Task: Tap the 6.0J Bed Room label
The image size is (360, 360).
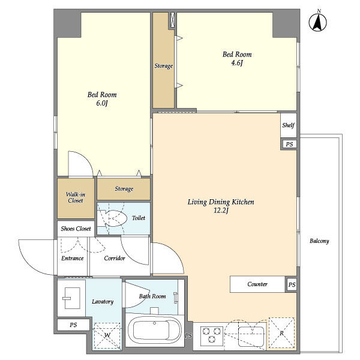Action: (x=102, y=99)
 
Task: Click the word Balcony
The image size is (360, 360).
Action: (x=319, y=241)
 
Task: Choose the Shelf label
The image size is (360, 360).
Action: (x=289, y=126)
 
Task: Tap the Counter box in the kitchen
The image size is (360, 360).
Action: (x=257, y=284)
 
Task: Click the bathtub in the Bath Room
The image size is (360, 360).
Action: (x=154, y=331)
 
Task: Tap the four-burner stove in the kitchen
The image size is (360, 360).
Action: (x=212, y=335)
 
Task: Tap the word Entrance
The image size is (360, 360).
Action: (x=73, y=259)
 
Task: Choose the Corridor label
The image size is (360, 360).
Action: (x=115, y=259)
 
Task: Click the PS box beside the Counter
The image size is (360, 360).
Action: (x=292, y=284)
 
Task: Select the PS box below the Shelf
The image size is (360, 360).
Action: (x=289, y=145)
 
